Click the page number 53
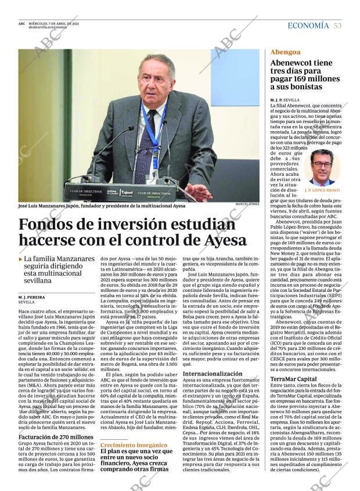pos(338,26)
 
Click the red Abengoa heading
pos(285,52)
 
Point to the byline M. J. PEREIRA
pos(31,297)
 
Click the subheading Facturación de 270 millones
pos(56,437)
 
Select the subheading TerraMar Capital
pos(293,378)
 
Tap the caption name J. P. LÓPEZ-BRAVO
pos(322,190)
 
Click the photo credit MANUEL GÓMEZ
pos(248,204)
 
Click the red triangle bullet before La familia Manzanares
pos(20,258)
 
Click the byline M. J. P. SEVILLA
pos(285,100)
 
